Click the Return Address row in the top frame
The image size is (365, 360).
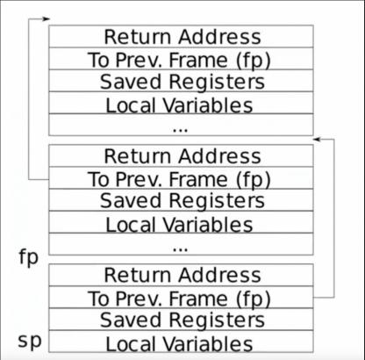tap(181, 36)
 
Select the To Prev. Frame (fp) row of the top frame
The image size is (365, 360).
tap(181, 59)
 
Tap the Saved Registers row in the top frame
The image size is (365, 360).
tap(181, 81)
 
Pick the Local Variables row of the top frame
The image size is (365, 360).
tap(181, 103)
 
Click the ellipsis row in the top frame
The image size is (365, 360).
tap(181, 125)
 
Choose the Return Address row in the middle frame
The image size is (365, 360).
tap(181, 155)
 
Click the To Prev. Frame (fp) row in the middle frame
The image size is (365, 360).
tap(181, 178)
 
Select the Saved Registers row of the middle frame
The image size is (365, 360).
tap(181, 200)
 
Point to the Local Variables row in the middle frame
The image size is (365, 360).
tap(181, 222)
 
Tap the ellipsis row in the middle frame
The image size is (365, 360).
tap(181, 244)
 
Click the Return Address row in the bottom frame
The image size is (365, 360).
tap(181, 275)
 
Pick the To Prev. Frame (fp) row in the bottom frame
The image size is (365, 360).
tap(181, 297)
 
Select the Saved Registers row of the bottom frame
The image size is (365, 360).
tap(181, 320)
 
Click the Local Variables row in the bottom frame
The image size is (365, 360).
tap(181, 342)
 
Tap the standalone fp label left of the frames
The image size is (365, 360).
tap(29, 258)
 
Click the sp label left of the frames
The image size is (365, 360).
tap(30, 341)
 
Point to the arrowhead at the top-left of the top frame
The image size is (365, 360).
tap(47, 19)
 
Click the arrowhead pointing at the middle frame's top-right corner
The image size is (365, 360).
tap(317, 140)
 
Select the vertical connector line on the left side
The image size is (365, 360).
tap(29, 99)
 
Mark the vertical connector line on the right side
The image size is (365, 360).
tap(334, 219)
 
